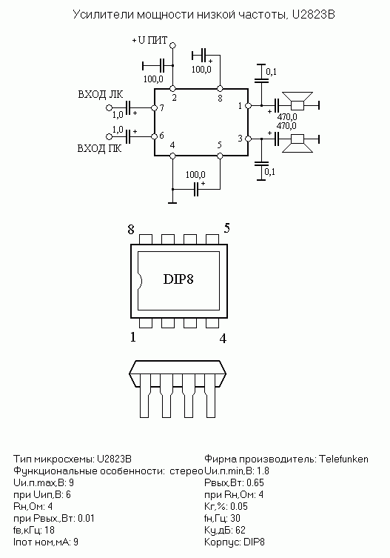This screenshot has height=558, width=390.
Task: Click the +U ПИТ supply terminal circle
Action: (x=172, y=45)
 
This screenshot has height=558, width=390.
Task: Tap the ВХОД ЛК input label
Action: (x=101, y=95)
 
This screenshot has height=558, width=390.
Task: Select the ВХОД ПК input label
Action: (x=100, y=148)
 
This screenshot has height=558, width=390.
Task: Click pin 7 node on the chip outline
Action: (x=154, y=107)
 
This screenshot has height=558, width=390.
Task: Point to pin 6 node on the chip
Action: (x=154, y=136)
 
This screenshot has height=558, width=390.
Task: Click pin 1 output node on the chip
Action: (x=249, y=106)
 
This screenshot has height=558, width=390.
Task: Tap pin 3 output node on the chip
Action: (x=249, y=139)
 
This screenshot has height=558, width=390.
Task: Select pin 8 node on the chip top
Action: (x=220, y=88)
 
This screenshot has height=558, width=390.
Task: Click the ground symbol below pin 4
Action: (x=172, y=203)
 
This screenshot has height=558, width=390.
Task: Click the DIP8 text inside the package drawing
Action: (x=178, y=279)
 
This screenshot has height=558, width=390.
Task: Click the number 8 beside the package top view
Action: (x=131, y=230)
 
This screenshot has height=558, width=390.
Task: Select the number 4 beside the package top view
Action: (x=223, y=339)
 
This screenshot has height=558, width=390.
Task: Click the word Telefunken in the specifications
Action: (x=343, y=459)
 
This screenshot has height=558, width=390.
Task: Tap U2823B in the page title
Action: (x=313, y=15)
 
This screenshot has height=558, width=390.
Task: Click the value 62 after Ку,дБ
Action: (x=241, y=531)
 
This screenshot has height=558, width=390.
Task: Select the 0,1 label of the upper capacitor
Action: (x=272, y=72)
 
